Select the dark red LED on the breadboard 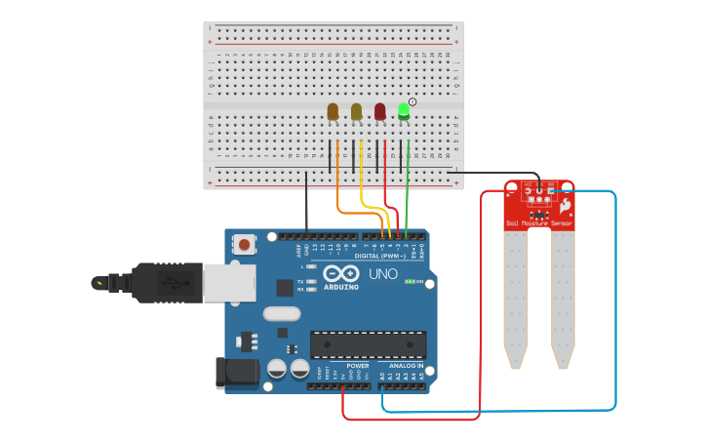click(x=380, y=111)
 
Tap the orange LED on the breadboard click(x=334, y=111)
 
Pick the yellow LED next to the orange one click(x=357, y=111)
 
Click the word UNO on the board click(x=382, y=274)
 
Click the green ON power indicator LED click(x=410, y=281)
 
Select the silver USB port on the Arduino click(x=229, y=283)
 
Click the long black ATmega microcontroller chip click(x=369, y=344)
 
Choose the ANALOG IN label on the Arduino click(x=401, y=366)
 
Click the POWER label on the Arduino click(x=358, y=366)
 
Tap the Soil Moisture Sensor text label click(x=539, y=223)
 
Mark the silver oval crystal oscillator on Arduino click(x=282, y=314)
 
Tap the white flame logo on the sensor click(x=565, y=205)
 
